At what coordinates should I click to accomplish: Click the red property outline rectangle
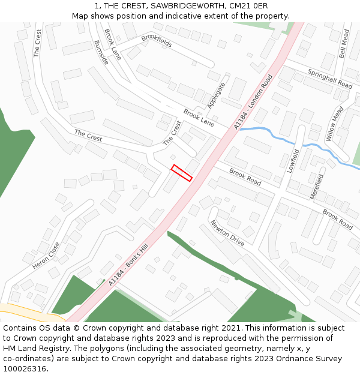182,173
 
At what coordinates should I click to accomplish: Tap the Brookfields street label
157,41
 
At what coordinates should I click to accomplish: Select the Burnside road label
101,53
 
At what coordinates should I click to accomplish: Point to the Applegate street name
217,95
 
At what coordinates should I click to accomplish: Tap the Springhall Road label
330,79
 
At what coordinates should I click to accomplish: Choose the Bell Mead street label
343,45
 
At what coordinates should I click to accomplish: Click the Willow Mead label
335,125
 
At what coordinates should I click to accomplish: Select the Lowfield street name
293,161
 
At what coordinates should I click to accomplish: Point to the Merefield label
317,187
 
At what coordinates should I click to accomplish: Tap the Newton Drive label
227,233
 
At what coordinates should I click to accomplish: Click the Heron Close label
46,255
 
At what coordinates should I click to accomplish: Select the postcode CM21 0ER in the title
248,5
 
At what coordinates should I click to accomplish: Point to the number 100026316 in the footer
26,368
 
